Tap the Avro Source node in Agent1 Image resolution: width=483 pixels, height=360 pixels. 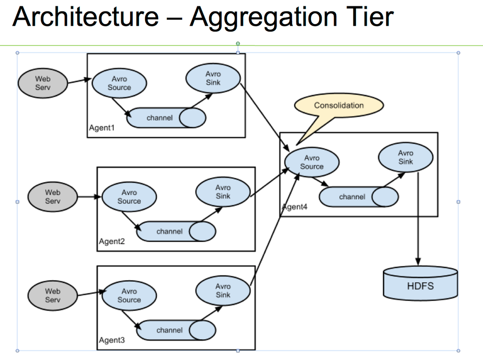pyautogui.click(x=119, y=84)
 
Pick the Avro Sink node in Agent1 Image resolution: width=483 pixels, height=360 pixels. pyautogui.click(x=213, y=78)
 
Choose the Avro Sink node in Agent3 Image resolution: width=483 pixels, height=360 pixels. pyautogui.click(x=223, y=291)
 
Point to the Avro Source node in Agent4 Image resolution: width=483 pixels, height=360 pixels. pyautogui.click(x=311, y=162)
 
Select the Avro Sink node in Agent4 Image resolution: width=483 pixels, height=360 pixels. pyautogui.click(x=406, y=158)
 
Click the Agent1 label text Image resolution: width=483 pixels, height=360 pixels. pyautogui.click(x=102, y=128)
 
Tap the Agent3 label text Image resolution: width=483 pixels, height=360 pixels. pyautogui.click(x=112, y=341)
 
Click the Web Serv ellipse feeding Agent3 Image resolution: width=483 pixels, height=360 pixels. pyautogui.click(x=52, y=295)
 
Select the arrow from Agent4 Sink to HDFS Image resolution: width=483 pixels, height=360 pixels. pyautogui.click(x=418, y=217)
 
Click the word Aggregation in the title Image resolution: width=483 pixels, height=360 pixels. pyautogui.click(x=264, y=17)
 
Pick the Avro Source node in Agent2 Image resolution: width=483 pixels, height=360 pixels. pyautogui.click(x=129, y=197)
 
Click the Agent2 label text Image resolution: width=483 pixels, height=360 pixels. pyautogui.click(x=112, y=242)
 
